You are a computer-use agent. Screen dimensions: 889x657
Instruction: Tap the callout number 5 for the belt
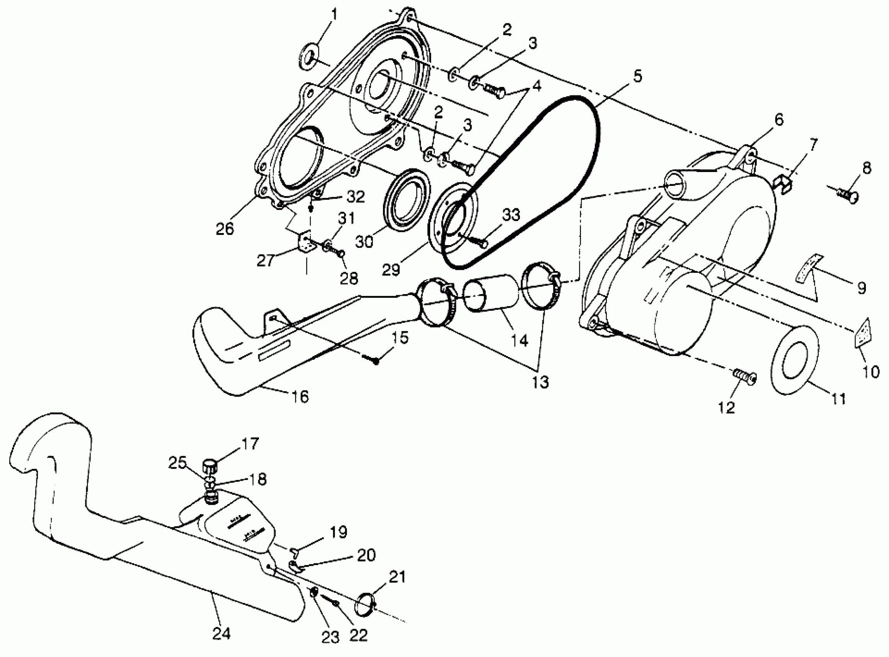[637, 76]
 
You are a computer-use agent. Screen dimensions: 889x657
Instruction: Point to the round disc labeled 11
[795, 360]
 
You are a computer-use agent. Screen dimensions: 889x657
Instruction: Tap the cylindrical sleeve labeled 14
[492, 299]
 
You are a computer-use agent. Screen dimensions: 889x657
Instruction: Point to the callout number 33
[511, 215]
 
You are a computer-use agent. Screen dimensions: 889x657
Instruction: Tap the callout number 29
[391, 270]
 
